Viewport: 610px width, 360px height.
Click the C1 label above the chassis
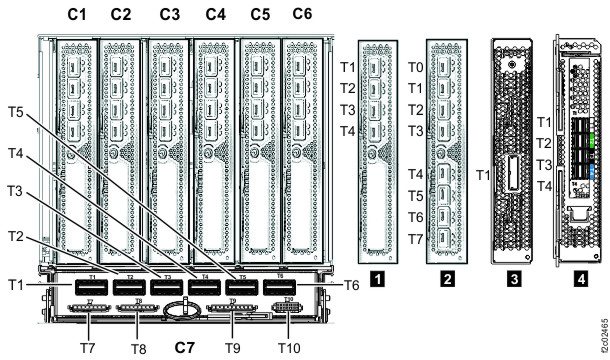pyautogui.click(x=77, y=14)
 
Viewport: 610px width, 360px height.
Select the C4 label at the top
pyautogui.click(x=215, y=14)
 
